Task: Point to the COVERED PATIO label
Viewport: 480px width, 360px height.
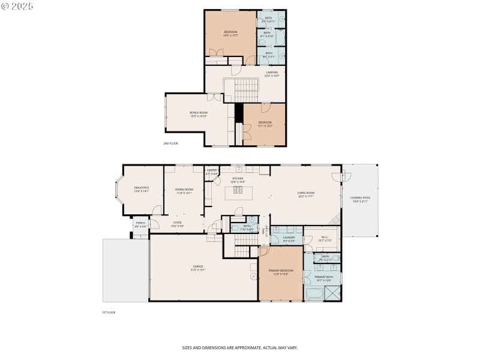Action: coord(361,200)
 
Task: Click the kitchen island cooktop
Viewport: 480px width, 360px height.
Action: coord(238,191)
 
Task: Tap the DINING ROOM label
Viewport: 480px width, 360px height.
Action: coord(184,191)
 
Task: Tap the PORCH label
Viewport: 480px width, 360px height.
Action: coord(140,224)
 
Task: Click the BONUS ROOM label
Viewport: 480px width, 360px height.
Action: coord(199,114)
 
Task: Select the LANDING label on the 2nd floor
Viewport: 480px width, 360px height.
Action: coord(272,74)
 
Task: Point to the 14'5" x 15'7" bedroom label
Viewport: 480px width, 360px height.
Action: coord(230,33)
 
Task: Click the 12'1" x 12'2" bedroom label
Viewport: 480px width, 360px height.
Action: coord(265,124)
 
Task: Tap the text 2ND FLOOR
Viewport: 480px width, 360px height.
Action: coord(171,143)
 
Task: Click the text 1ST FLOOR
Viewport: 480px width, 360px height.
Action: coord(108,312)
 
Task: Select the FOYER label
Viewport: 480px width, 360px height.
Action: coord(178,224)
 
